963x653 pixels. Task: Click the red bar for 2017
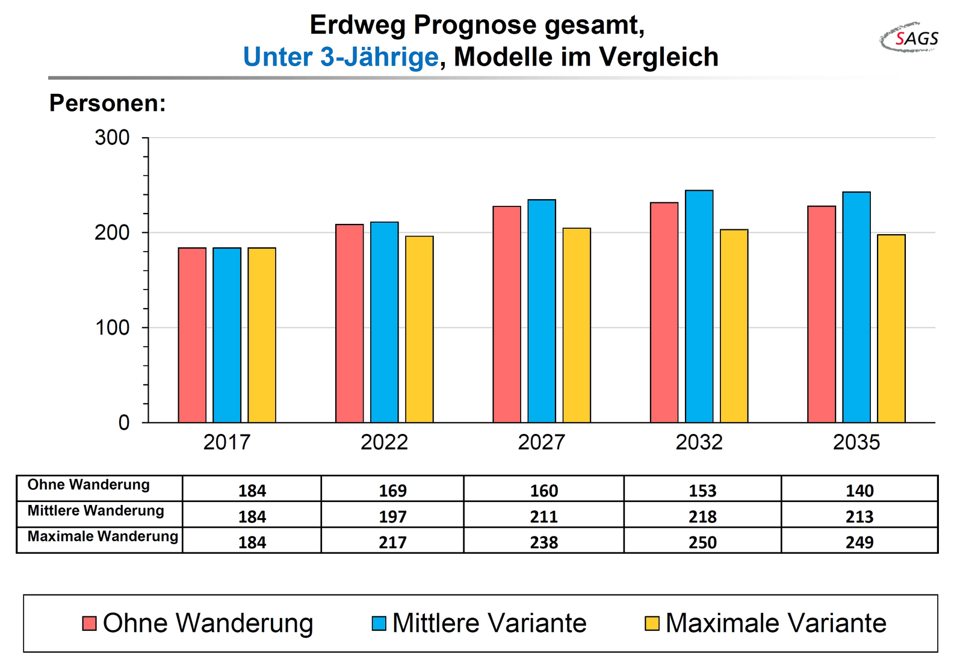[x=192, y=335]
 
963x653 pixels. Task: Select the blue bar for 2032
[x=699, y=306]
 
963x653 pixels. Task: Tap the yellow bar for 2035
[x=891, y=329]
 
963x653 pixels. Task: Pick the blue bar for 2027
[x=542, y=311]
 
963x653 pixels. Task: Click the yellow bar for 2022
[x=419, y=329]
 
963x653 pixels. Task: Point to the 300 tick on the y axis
[x=145, y=138]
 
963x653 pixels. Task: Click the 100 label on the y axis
[x=112, y=327]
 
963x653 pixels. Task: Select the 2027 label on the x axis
[x=541, y=442]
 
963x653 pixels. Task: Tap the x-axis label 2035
[x=856, y=442]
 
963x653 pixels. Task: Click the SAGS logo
[x=909, y=38]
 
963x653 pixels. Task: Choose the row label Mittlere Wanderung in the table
[x=96, y=511]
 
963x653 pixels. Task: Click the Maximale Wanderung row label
[x=103, y=536]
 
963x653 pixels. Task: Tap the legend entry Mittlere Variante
[x=479, y=623]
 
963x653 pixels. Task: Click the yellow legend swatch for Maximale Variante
[x=652, y=624]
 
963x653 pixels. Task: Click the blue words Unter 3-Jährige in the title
[x=341, y=57]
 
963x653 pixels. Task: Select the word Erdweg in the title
[x=358, y=25]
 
